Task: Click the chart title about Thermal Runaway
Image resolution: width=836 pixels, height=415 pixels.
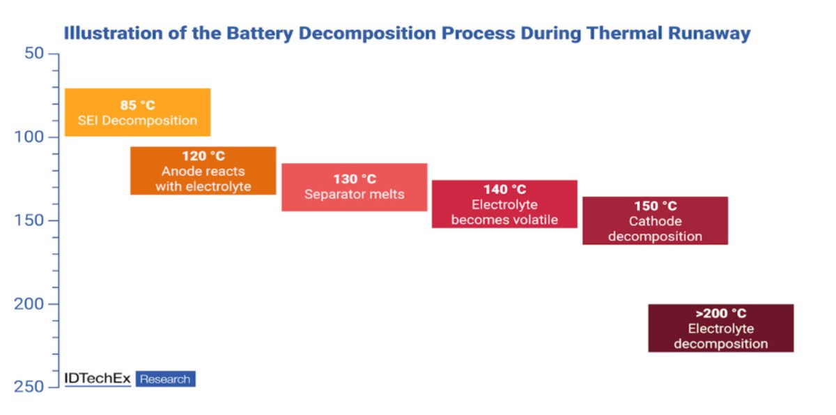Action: click(407, 33)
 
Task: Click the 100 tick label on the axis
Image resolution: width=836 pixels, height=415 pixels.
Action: click(31, 137)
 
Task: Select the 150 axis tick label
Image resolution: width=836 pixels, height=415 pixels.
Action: click(31, 220)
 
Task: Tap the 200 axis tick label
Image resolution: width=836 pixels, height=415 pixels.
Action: click(31, 304)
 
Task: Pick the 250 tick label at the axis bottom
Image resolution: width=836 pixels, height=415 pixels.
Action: click(31, 387)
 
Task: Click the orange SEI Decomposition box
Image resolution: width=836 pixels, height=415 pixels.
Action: click(137, 112)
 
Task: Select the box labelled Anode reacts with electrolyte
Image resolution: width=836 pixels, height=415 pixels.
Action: click(203, 171)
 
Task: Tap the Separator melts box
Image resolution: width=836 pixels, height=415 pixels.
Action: click(354, 188)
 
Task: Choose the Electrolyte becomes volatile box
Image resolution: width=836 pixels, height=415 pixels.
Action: click(504, 204)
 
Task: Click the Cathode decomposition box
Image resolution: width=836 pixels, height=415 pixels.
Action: click(655, 221)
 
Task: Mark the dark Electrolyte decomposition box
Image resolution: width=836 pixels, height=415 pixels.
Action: click(720, 328)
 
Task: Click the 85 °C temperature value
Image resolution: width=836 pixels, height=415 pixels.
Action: click(137, 105)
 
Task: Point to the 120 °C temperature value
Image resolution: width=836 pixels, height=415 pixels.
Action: click(203, 156)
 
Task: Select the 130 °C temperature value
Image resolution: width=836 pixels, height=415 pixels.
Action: click(354, 179)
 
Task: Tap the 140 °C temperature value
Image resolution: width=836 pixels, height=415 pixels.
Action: click(504, 190)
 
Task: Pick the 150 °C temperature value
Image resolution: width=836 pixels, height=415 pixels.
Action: click(655, 206)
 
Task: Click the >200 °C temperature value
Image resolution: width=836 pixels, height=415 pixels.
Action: click(720, 313)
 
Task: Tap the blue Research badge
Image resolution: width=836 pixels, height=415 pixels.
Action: click(165, 379)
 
